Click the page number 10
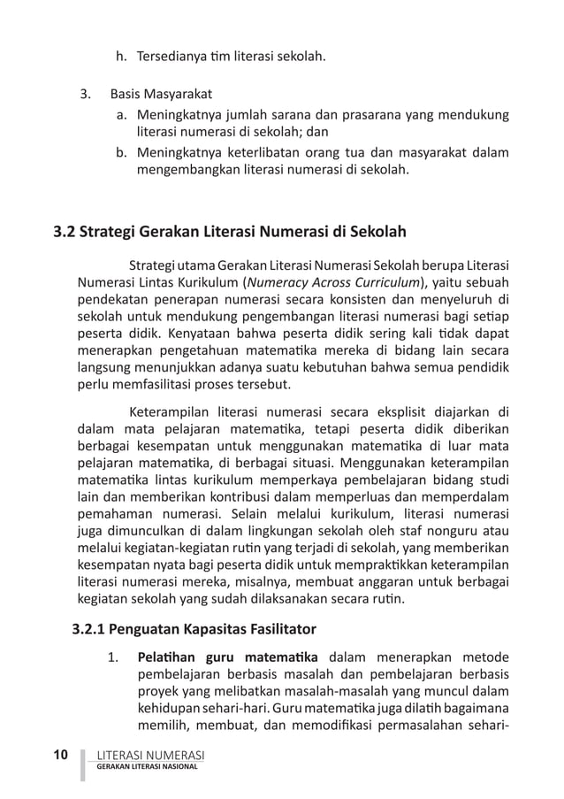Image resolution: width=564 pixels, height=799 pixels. [61, 755]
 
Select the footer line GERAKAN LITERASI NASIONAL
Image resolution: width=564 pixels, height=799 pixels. [148, 767]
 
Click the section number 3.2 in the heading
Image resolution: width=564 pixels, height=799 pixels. [65, 233]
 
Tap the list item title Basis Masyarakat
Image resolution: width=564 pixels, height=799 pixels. [161, 95]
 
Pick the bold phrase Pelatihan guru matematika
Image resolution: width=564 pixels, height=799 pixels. [228, 657]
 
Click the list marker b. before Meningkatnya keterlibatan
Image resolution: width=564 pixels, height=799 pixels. [122, 152]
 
